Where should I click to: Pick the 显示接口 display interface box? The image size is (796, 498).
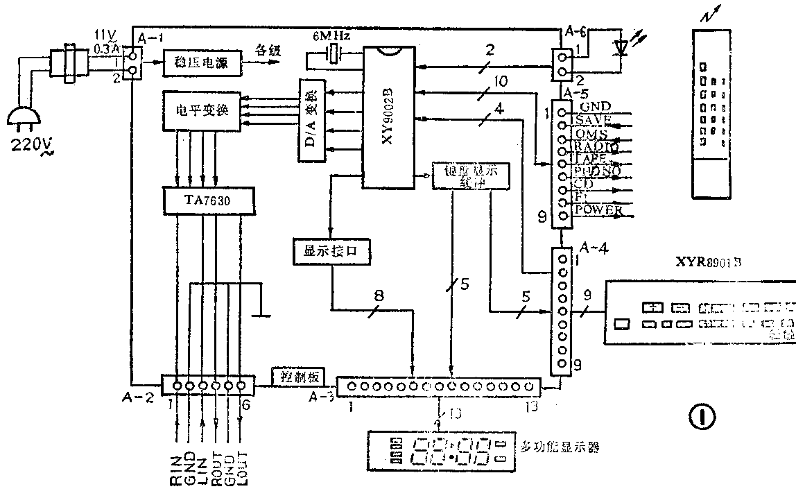(329, 250)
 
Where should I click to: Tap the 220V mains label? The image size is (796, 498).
(30, 148)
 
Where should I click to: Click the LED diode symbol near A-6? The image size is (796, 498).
(621, 48)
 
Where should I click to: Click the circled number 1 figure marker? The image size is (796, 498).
(702, 416)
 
